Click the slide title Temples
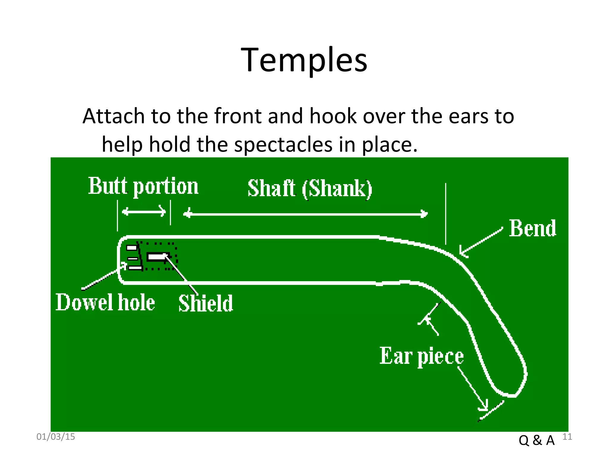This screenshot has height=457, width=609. pos(304,60)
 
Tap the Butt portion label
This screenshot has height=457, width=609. pos(143,186)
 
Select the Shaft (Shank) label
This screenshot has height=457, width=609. pos(310,189)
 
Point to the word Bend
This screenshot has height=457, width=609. pos(532,228)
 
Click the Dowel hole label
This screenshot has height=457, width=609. pos(105,302)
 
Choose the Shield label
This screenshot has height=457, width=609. pos(205,303)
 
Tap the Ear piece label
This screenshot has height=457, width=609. pos(421,356)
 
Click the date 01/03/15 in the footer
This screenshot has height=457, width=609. pos(56,437)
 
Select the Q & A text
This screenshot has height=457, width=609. pos(536,440)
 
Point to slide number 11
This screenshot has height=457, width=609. pos(567,437)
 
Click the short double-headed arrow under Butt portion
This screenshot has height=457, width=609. pos(144,212)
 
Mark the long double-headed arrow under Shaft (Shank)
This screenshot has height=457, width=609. pos(305,214)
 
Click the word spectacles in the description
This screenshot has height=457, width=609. pos(283,145)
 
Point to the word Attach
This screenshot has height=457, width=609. pos(112,116)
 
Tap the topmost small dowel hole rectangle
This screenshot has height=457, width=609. pos(132,248)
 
